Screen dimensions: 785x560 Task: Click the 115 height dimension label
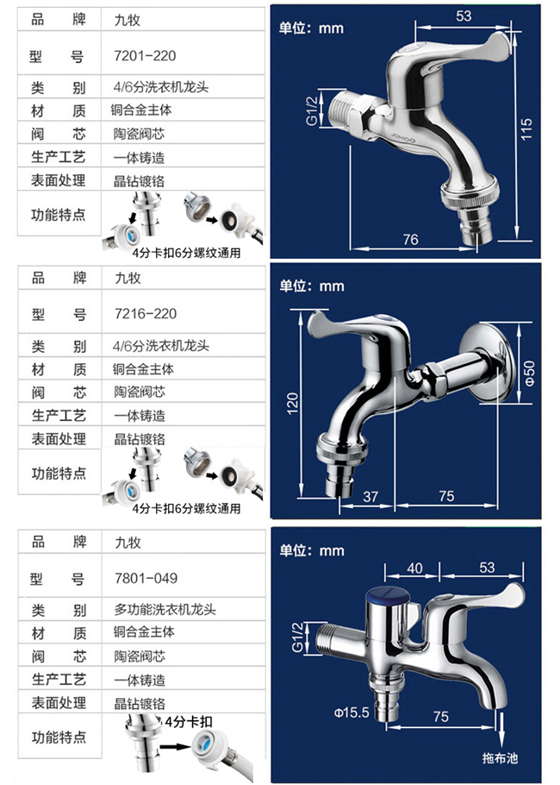coord(526,128)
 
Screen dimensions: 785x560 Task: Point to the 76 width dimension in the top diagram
coord(411,239)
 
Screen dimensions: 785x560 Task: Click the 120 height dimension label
coord(292,401)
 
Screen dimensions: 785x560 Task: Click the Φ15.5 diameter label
coord(352,713)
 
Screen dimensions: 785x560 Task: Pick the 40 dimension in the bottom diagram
coord(414,567)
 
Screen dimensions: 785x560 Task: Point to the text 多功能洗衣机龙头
coord(165,610)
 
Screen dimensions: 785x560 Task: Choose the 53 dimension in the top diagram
coord(464,16)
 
